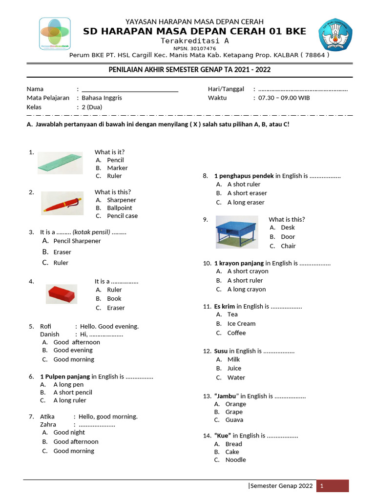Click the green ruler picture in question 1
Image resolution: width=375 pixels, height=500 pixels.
point(60,163)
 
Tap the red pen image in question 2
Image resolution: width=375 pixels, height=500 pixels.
point(62,203)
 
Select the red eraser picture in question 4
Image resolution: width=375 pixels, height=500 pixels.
point(62,294)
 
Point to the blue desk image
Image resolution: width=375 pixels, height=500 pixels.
point(237,232)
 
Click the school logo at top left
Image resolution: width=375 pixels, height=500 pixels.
point(55,34)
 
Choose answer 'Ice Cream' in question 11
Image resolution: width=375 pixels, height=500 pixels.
point(241,324)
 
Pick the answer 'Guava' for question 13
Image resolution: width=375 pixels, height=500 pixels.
point(234,420)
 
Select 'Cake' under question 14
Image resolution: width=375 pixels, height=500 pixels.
point(232,452)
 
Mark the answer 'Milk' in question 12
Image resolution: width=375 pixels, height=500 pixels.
point(233,359)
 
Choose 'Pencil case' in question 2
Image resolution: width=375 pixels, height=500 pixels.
point(122,216)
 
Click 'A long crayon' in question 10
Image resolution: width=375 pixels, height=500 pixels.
point(247,290)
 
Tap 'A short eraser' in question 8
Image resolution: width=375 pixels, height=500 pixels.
point(247,193)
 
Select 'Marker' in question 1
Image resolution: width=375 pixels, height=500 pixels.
point(117,168)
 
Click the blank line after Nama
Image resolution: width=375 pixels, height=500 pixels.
point(130,89)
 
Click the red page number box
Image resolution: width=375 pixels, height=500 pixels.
point(333,486)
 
